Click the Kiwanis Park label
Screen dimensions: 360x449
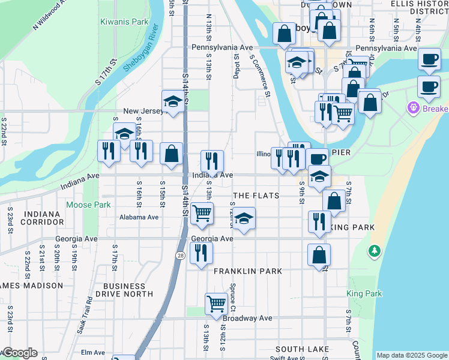click(x=124, y=22)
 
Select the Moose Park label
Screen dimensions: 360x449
click(x=88, y=205)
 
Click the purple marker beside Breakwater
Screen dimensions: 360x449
click(x=412, y=109)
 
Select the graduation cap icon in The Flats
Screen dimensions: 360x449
click(x=244, y=220)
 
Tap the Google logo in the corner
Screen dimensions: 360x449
click(x=19, y=353)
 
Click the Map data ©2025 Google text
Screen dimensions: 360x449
click(x=411, y=355)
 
